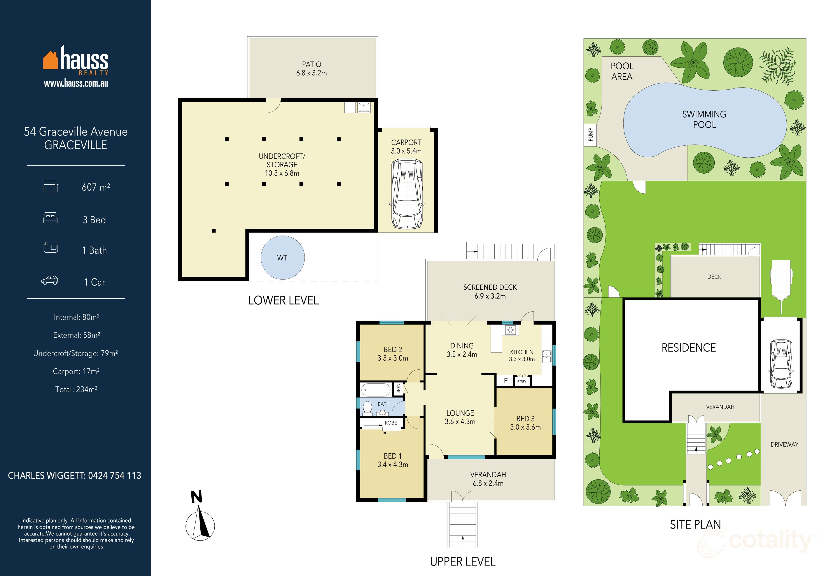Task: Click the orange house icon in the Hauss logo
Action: click(x=51, y=60)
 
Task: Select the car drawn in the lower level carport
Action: click(x=407, y=194)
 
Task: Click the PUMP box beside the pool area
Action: click(x=590, y=135)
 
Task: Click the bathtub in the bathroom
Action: click(x=376, y=390)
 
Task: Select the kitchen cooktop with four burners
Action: click(x=510, y=330)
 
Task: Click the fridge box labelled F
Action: click(x=506, y=381)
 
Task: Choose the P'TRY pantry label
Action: click(x=521, y=381)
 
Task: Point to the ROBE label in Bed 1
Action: click(x=391, y=423)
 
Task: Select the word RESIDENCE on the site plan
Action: click(x=689, y=348)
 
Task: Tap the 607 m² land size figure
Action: click(x=96, y=187)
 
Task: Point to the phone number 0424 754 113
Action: click(x=115, y=476)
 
